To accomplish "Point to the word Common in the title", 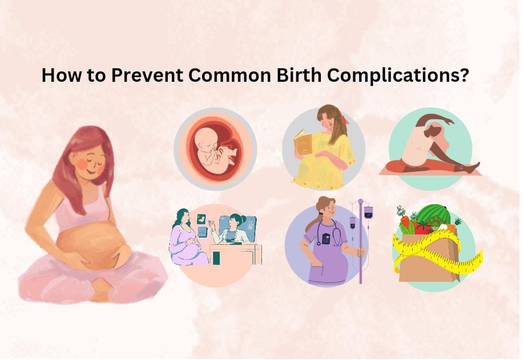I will (232, 76).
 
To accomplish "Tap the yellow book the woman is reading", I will (303, 142).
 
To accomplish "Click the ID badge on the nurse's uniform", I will (326, 238).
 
